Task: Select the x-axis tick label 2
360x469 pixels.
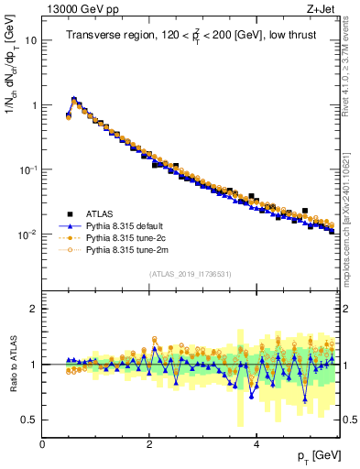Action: click(x=149, y=444)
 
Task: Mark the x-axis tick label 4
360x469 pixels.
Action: click(x=256, y=444)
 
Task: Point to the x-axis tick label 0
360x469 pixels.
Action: click(x=42, y=444)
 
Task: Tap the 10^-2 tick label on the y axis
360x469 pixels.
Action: click(x=27, y=234)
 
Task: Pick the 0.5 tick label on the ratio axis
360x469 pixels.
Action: click(x=28, y=420)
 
